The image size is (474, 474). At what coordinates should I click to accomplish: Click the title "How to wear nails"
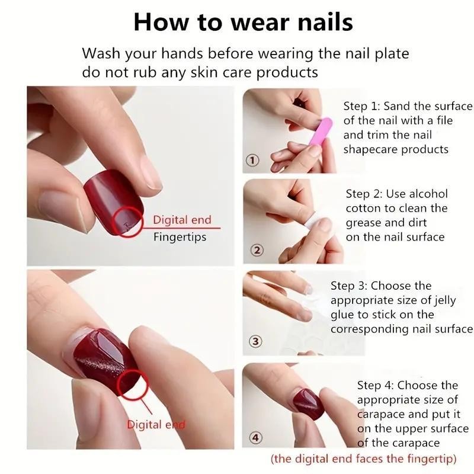point(243,22)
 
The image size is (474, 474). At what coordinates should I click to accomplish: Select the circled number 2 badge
point(257,251)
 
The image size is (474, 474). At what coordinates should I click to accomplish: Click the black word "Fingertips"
point(180,237)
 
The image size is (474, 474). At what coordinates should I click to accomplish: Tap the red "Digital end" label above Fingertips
point(182,220)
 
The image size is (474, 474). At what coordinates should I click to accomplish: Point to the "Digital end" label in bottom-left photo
point(155,424)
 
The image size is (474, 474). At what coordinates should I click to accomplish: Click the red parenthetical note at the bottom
point(363,459)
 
